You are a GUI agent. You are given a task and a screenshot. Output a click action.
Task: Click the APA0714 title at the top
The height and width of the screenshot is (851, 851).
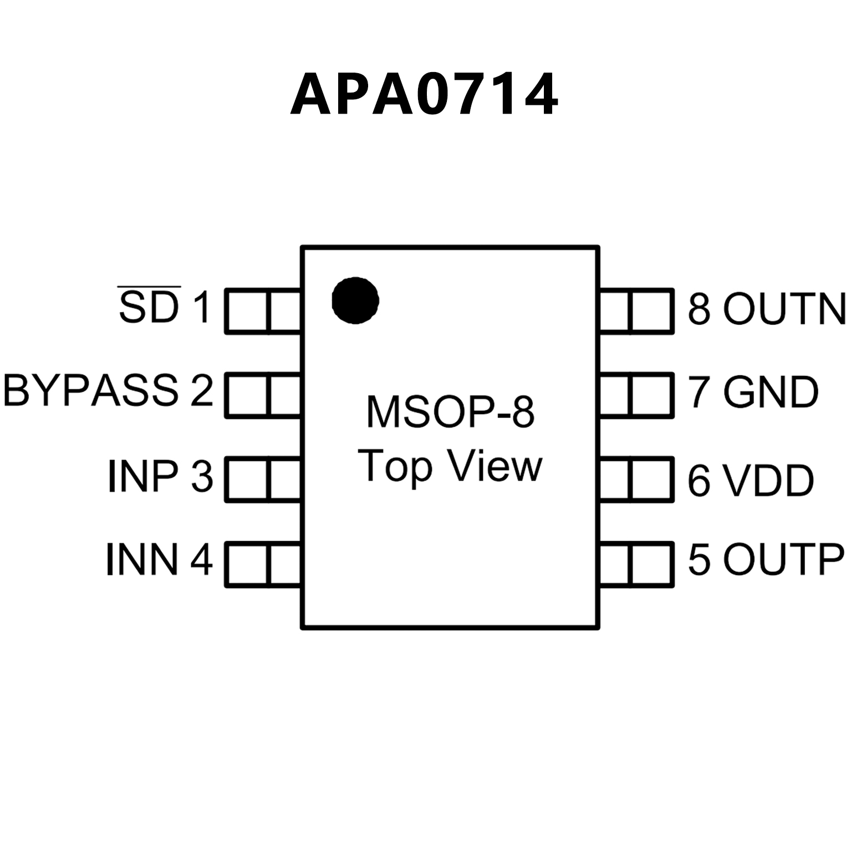point(424,94)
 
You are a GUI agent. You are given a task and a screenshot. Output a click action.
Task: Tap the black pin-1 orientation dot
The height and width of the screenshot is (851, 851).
point(355,300)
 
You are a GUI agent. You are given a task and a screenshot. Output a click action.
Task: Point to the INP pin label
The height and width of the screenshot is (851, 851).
point(143,476)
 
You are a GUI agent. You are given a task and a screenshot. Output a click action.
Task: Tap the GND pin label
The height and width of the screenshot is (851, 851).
point(771,392)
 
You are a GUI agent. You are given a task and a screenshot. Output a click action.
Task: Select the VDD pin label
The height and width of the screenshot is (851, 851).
point(768,480)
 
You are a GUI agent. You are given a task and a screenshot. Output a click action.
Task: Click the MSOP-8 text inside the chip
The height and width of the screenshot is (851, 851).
point(450,411)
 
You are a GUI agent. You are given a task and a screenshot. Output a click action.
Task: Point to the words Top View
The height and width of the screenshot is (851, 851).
point(450,467)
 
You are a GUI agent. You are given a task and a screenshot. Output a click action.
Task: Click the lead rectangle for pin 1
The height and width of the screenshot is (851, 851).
point(263,311)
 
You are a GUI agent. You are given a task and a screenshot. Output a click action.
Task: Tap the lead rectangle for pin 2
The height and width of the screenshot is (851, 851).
point(263,395)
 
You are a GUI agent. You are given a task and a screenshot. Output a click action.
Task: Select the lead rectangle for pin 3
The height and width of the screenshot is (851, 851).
point(263,480)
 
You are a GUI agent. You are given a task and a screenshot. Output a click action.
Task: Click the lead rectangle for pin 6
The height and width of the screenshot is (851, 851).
point(636,480)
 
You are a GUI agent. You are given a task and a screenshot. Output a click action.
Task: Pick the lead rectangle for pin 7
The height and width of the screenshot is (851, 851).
point(636,395)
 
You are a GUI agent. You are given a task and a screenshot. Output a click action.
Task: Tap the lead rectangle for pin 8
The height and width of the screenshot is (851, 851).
point(636,311)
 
